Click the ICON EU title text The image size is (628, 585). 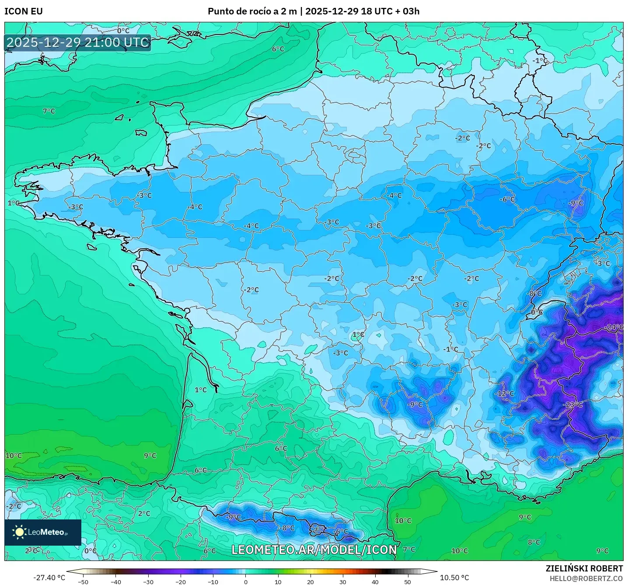tap(24, 11)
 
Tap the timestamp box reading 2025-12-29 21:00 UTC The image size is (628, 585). tap(78, 42)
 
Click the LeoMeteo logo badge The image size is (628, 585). tap(42, 532)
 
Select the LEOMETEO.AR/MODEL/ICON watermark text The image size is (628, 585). tap(314, 550)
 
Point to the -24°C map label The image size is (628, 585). tap(614, 327)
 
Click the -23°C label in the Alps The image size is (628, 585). tap(573, 404)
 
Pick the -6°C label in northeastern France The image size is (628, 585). tap(507, 199)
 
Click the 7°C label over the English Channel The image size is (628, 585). tap(49, 111)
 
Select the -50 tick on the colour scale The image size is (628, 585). tap(83, 582)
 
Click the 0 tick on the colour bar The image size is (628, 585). tap(246, 582)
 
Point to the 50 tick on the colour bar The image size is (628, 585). tap(408, 582)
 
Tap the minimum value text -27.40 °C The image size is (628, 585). tap(49, 578)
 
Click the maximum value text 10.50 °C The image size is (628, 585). tap(454, 578)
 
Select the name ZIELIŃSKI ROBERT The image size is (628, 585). tap(584, 568)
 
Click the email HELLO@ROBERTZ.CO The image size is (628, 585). tap(586, 578)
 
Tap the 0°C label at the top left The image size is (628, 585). tap(123, 31)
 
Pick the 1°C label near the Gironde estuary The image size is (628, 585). tap(201, 390)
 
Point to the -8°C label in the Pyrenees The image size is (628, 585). tap(287, 528)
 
